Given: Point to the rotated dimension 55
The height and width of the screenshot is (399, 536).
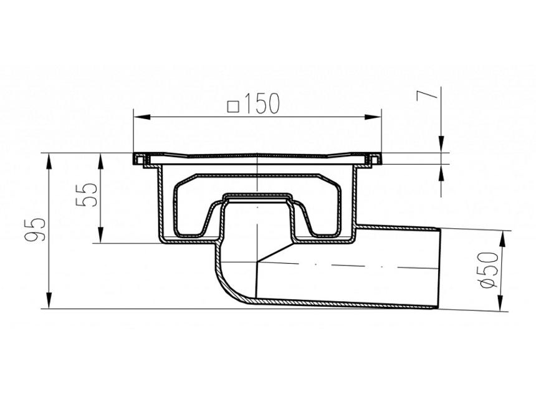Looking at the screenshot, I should [88, 195].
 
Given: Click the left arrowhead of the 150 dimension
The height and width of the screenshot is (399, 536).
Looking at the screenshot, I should [138, 115].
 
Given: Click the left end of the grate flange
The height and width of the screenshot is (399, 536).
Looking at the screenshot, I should [136, 159].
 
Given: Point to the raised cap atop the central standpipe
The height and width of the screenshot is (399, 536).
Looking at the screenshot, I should [257, 198].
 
